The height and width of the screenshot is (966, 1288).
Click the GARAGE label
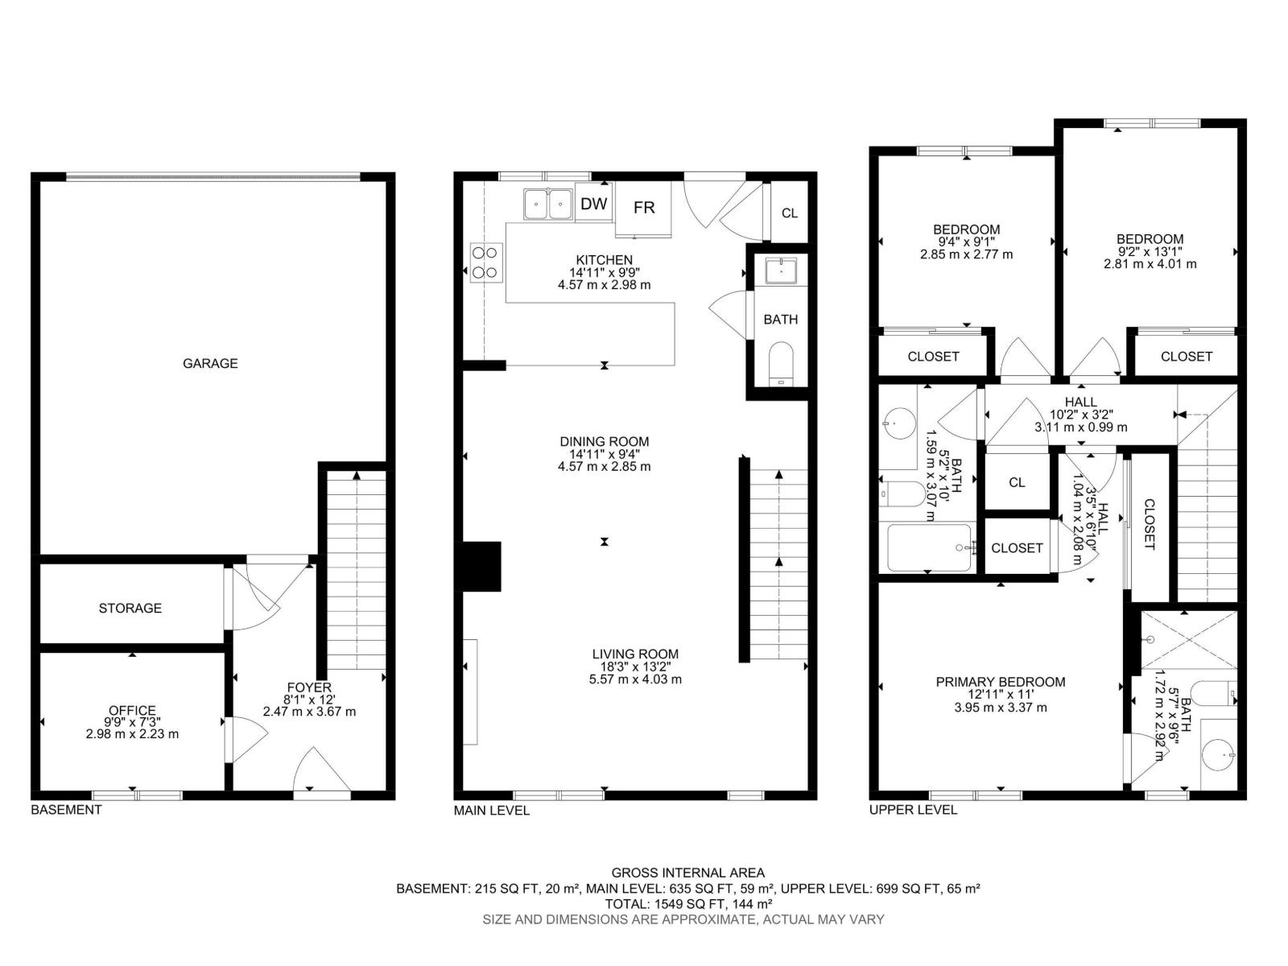point(210,363)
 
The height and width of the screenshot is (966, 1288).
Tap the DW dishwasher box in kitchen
point(594,204)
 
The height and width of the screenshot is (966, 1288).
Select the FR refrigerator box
point(644,208)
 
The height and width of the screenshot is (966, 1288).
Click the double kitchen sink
point(547,204)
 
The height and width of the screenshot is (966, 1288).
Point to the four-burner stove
point(486,262)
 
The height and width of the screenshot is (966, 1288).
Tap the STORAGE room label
point(130,608)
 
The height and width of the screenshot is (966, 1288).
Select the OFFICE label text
point(132,710)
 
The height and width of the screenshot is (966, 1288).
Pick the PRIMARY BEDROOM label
point(1000,682)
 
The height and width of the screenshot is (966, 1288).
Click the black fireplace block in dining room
point(481,567)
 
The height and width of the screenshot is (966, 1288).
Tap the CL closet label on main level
point(790,213)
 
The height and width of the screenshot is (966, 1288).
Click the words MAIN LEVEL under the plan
point(491,811)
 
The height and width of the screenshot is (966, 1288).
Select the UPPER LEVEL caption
point(913,810)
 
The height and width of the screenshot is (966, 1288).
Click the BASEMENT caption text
point(66,810)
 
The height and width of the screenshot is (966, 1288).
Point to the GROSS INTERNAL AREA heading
point(687,873)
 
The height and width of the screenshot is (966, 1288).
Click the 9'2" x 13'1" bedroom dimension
point(1150,251)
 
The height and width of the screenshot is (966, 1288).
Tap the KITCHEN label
point(604,260)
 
